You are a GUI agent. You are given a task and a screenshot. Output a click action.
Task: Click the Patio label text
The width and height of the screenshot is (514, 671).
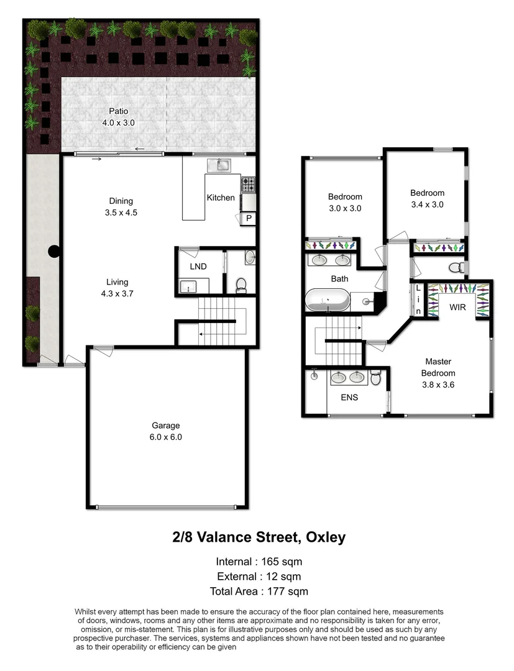(x=118, y=111)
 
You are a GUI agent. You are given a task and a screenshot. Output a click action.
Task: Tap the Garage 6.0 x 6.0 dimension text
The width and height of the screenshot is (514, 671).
(x=166, y=437)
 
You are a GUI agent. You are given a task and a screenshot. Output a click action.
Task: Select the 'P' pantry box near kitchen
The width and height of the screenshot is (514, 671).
(x=249, y=218)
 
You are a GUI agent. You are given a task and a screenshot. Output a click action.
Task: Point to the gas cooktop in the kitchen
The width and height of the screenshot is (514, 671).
(x=248, y=185)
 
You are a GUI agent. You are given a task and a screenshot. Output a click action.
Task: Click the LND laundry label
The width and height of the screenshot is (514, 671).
(x=198, y=267)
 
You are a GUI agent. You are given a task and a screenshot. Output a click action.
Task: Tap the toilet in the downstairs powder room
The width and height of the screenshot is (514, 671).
(x=242, y=285)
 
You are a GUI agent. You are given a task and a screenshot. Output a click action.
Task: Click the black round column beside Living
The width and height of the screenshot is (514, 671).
(x=55, y=252)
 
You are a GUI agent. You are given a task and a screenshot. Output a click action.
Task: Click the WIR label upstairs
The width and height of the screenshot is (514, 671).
(x=457, y=306)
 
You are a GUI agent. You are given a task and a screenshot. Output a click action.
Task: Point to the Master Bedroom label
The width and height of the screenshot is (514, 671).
(x=438, y=367)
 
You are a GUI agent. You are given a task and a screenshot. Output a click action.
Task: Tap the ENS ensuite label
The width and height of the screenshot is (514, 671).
(x=349, y=397)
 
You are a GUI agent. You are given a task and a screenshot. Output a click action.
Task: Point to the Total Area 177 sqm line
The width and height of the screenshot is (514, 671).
(x=259, y=591)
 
